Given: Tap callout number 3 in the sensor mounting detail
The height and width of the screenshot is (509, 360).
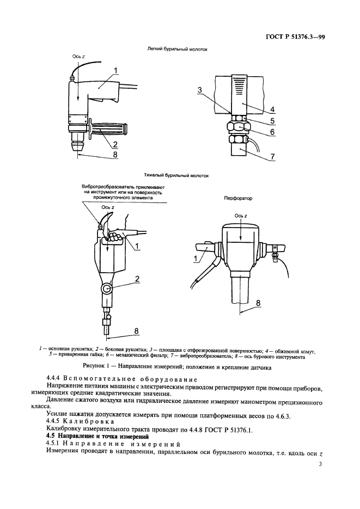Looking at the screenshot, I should point(200,90).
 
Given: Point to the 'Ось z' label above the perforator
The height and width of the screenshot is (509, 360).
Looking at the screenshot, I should point(241,216).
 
